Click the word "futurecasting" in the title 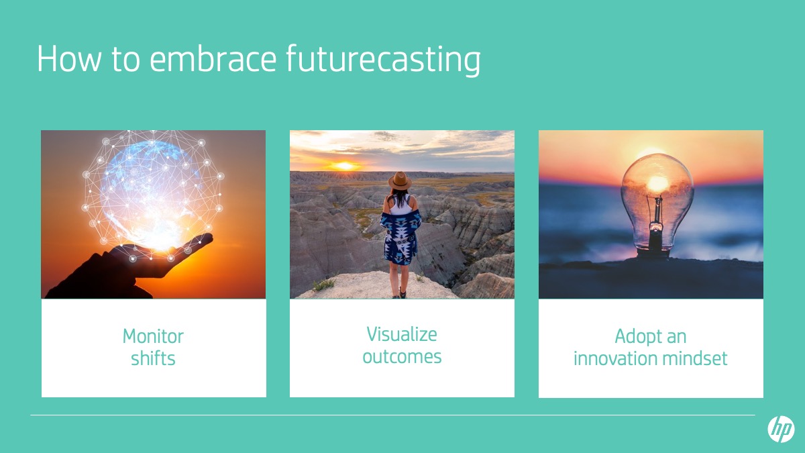(x=383, y=60)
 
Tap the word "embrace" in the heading (x=213, y=58)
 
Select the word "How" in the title (x=69, y=59)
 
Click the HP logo (x=781, y=429)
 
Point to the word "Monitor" (x=153, y=336)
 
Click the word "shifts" (x=153, y=358)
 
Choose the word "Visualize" (x=402, y=335)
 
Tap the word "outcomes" (x=402, y=357)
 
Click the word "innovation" (x=615, y=358)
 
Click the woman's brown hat (x=400, y=181)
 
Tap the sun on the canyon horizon (x=344, y=166)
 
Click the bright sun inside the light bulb (x=657, y=183)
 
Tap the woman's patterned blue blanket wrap (x=400, y=236)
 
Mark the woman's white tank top (x=400, y=205)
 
